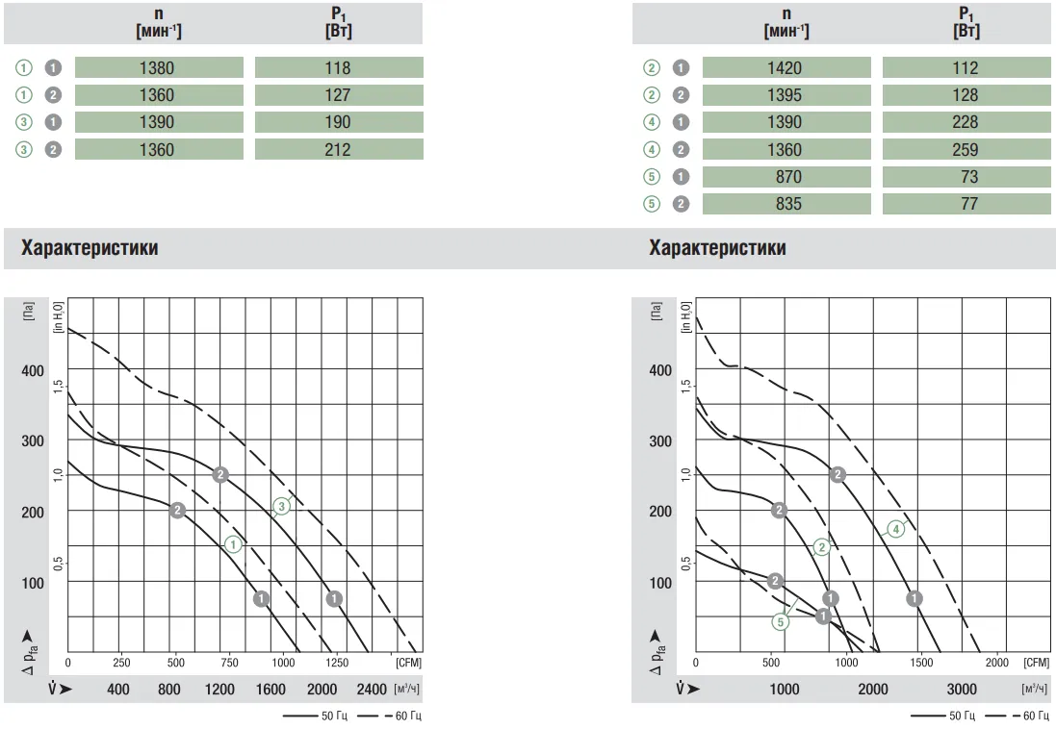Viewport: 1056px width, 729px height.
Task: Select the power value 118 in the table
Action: tap(338, 68)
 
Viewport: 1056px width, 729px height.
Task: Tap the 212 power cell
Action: tap(338, 149)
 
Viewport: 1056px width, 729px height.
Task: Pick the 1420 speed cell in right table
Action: tap(786, 68)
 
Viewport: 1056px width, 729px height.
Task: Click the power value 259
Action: tap(966, 149)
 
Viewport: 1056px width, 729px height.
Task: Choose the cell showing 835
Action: tap(786, 204)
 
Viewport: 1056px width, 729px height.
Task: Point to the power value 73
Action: tap(966, 177)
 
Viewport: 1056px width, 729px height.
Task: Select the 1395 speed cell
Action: tap(786, 95)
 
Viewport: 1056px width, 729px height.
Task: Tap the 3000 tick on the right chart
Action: tap(961, 690)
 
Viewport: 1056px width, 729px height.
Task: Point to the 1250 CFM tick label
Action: tap(337, 663)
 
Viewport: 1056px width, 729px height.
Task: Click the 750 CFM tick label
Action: tap(229, 663)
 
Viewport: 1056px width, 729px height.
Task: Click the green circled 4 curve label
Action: tap(895, 528)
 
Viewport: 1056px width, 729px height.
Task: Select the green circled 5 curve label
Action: tap(780, 621)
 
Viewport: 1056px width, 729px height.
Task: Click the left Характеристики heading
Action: tap(90, 248)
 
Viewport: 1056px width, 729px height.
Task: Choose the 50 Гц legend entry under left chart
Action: tap(318, 716)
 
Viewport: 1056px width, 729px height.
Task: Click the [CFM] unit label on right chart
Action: tap(1037, 663)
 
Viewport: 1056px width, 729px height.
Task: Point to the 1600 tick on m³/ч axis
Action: tap(270, 690)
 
